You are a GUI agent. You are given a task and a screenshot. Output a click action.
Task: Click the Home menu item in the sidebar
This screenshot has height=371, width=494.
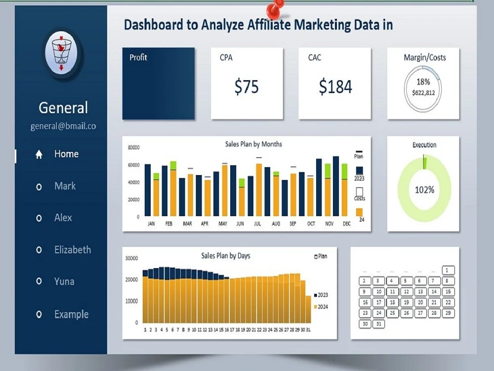tap(66, 154)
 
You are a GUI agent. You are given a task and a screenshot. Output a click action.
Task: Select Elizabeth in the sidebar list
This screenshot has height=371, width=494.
tap(72, 250)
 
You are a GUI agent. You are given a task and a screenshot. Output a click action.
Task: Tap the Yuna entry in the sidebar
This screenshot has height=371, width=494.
tap(64, 281)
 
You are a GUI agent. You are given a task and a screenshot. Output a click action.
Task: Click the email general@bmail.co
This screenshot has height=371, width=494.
tap(63, 126)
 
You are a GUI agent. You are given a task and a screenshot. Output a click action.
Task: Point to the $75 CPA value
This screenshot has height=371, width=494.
tap(247, 87)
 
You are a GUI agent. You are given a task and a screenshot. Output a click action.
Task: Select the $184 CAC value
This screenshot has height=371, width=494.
tap(335, 87)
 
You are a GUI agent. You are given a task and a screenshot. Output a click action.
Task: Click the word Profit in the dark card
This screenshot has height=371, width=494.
tap(138, 57)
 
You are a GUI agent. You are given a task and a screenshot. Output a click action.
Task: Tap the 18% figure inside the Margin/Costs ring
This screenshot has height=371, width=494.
tap(423, 82)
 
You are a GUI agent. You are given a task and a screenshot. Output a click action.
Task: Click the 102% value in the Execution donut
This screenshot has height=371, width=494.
tap(424, 189)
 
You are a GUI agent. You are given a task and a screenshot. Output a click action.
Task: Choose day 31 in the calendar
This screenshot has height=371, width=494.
tap(379, 324)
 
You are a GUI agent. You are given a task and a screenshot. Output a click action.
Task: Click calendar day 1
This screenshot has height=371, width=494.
tap(448, 270)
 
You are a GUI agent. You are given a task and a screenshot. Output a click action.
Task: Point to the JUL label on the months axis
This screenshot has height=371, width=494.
tap(257, 224)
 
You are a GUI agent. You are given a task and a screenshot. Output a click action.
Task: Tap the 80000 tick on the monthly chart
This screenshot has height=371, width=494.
tap(133, 147)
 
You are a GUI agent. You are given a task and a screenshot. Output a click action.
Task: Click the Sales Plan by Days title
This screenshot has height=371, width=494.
tap(226, 256)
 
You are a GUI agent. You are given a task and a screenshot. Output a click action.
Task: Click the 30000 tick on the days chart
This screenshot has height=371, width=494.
tap(131, 258)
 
